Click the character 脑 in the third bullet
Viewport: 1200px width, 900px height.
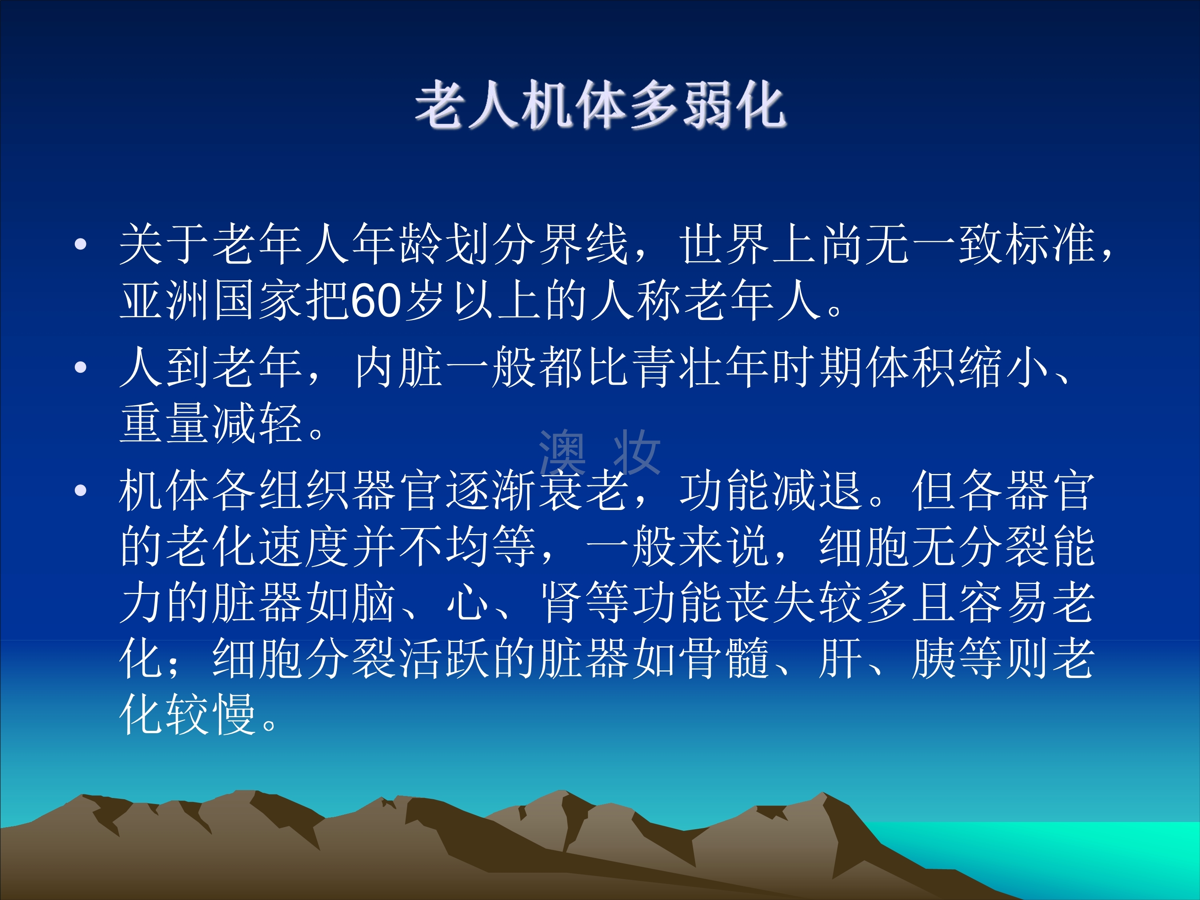[x=376, y=602]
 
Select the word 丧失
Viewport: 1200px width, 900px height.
[x=749, y=602]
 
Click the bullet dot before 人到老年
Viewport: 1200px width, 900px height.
[x=81, y=368]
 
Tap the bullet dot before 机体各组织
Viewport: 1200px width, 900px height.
[x=81, y=491]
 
